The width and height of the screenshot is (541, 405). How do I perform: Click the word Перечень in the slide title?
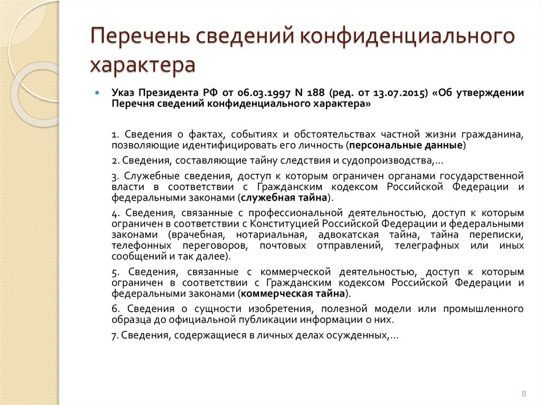139,38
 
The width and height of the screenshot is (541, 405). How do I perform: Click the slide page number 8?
524,393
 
